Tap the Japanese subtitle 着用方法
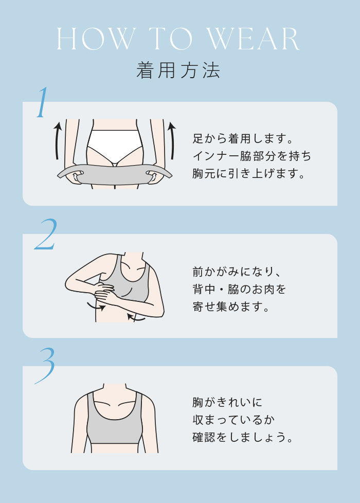click(x=178, y=70)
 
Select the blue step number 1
click(x=43, y=102)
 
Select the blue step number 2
click(x=46, y=234)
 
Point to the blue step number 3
click(x=45, y=366)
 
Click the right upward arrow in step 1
click(x=173, y=140)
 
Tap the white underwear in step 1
click(x=114, y=146)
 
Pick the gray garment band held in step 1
click(x=115, y=175)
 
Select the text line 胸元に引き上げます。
click(x=248, y=173)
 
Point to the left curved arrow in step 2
click(x=96, y=307)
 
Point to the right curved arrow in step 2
click(x=136, y=318)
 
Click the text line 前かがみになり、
click(x=237, y=272)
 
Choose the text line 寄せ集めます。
click(x=231, y=307)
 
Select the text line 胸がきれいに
click(x=227, y=402)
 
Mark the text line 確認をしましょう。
click(x=243, y=437)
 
